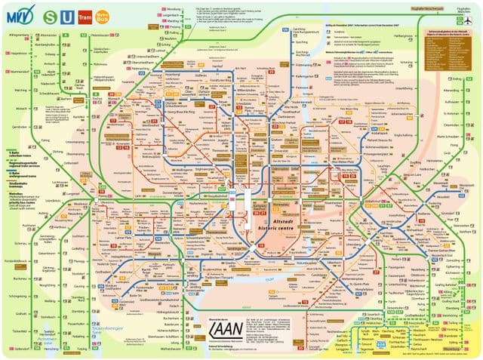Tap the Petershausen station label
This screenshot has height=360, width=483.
pos(100,35)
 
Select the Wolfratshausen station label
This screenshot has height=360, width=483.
pos(183,349)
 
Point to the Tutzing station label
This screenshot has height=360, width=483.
pos(82,349)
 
